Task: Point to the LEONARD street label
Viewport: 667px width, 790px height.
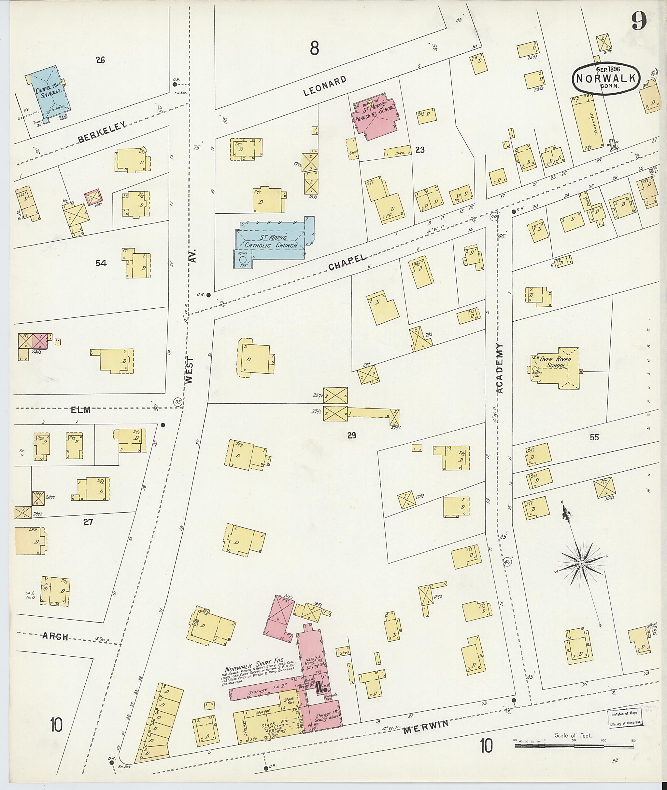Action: (325, 86)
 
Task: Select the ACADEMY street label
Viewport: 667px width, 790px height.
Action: (500, 368)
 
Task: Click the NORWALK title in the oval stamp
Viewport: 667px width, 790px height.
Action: (606, 79)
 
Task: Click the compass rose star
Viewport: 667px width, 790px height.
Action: (581, 564)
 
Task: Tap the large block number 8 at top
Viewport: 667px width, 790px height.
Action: (314, 48)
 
